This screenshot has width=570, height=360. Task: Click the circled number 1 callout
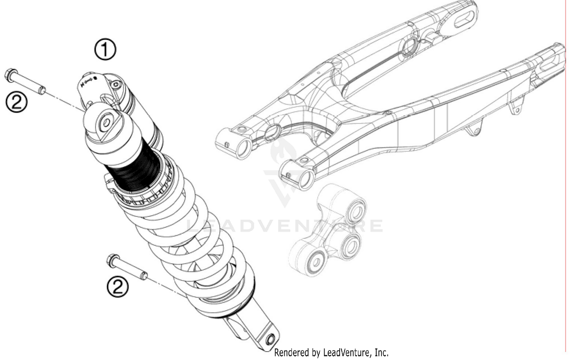[105, 49]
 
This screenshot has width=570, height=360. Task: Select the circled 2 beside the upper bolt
[16, 102]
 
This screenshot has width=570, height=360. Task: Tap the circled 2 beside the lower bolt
[117, 287]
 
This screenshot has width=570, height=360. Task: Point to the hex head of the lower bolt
[112, 260]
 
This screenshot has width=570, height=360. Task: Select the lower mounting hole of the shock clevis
[271, 339]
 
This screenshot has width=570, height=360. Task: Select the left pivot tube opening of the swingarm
[243, 147]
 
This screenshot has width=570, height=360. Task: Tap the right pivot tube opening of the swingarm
[306, 178]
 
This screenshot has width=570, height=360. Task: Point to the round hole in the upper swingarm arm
[410, 46]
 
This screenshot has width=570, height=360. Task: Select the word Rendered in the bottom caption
[292, 352]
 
